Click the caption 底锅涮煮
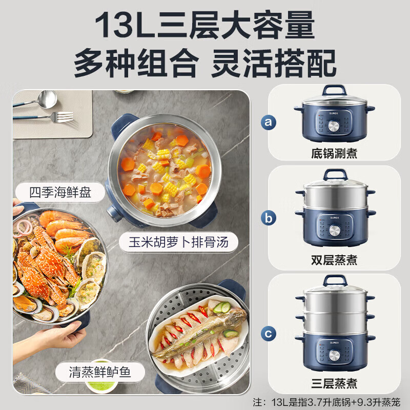(334, 152)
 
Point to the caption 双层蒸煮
(334, 261)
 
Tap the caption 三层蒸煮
(334, 383)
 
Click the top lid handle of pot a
(334, 90)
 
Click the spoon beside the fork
(41, 99)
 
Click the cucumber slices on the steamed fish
(221, 307)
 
